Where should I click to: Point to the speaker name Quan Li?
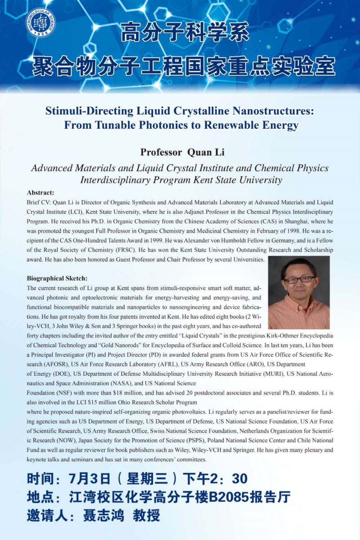[206, 152]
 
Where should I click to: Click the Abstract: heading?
[40, 192]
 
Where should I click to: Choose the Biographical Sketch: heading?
[57, 278]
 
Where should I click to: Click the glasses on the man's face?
[299, 279]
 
